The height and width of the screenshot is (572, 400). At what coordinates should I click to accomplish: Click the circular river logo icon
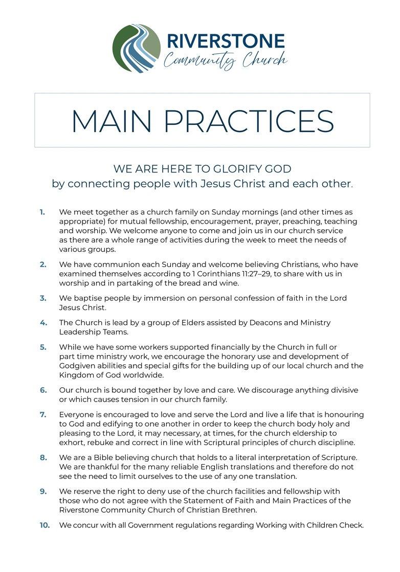(136, 49)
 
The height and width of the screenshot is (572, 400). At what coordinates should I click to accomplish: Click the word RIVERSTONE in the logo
(226, 40)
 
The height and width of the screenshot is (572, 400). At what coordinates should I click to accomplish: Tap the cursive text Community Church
(225, 61)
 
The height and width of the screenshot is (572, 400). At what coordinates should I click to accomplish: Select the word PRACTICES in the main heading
(249, 121)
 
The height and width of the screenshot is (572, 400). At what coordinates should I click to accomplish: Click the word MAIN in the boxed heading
(111, 121)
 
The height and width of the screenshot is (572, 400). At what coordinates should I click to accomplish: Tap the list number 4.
(43, 323)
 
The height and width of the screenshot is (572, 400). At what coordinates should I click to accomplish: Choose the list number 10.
(45, 525)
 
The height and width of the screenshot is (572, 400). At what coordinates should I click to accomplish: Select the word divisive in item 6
(342, 390)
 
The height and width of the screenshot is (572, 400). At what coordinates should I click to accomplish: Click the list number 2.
(43, 265)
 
